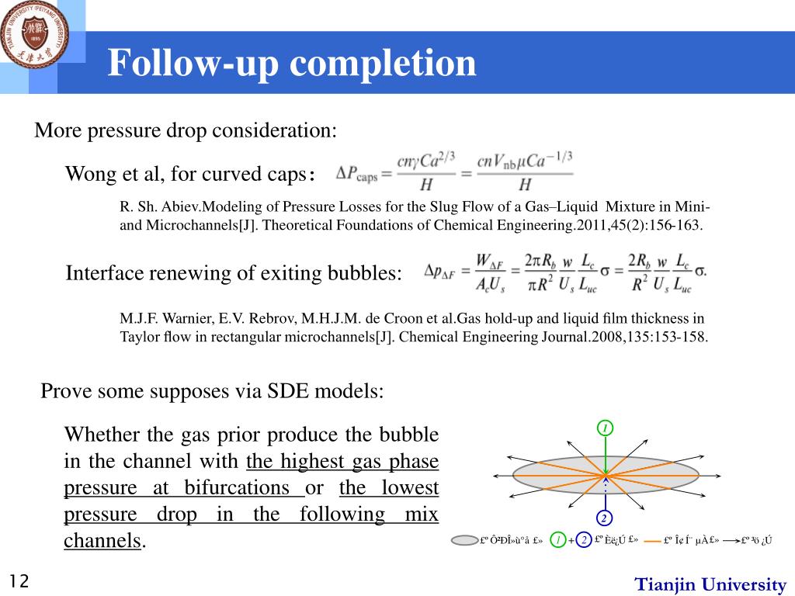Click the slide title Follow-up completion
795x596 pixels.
[291, 63]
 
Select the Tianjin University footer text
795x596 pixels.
[710, 584]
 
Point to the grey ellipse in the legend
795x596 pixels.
[464, 540]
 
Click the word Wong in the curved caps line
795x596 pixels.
[87, 173]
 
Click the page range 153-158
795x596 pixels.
[679, 338]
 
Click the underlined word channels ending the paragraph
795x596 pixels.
[102, 541]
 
